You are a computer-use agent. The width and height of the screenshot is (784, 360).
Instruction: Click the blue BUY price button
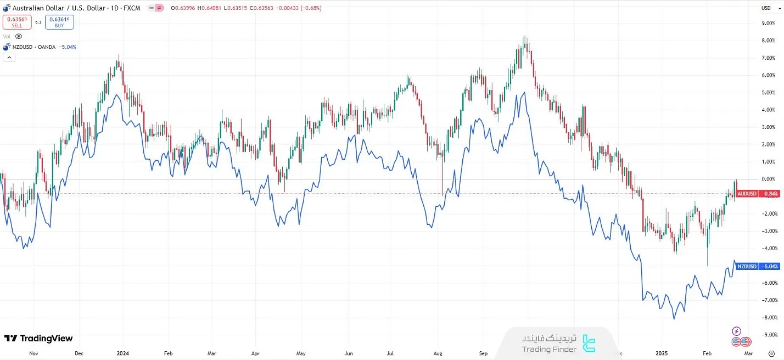click(x=59, y=22)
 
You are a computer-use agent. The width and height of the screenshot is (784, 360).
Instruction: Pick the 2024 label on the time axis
click(x=122, y=353)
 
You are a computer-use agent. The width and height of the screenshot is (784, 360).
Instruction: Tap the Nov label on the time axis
click(x=34, y=353)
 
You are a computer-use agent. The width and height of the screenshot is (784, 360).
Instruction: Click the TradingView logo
click(x=38, y=338)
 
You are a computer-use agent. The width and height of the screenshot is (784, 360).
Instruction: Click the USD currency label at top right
click(x=766, y=8)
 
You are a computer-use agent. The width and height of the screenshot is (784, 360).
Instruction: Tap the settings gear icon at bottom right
click(x=771, y=353)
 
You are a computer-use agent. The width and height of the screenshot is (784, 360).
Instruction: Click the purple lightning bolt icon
click(x=737, y=331)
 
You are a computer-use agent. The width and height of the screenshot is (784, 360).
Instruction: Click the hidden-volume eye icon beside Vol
click(x=18, y=36)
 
